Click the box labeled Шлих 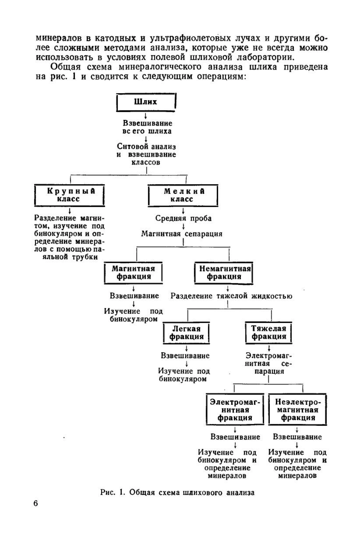click(x=146, y=102)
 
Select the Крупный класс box click(x=70, y=195)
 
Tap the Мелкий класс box click(x=183, y=195)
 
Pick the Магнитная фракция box click(x=133, y=273)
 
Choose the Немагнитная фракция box click(x=224, y=273)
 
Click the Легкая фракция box click(x=186, y=333)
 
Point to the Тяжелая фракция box click(x=269, y=333)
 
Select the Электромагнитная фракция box click(x=235, y=410)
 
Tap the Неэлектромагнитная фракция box click(x=298, y=410)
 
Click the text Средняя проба click(x=183, y=218)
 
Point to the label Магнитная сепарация click(x=182, y=234)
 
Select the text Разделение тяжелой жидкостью click(x=231, y=296)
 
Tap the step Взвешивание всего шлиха click(x=147, y=127)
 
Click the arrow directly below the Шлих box click(x=146, y=116)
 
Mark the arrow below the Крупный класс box click(x=70, y=210)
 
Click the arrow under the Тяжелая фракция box click(x=269, y=348)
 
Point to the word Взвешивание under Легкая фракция click(x=185, y=356)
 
